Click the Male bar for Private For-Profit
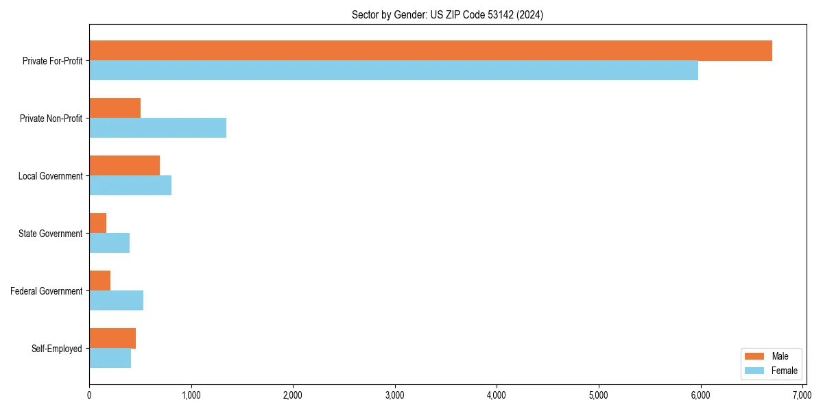(431, 51)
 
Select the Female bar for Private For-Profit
(394, 71)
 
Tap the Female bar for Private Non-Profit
(158, 128)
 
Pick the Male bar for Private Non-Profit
(115, 108)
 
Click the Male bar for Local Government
(124, 166)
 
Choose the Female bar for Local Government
(130, 186)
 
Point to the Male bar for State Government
(98, 223)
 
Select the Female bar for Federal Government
(116, 301)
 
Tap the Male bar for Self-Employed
(112, 338)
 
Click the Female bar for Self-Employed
(110, 358)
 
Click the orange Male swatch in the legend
(754, 356)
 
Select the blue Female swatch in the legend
(754, 371)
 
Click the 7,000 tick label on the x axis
(802, 395)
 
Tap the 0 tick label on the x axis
(89, 395)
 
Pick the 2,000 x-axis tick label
(293, 395)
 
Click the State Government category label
(51, 234)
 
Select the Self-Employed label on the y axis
(57, 349)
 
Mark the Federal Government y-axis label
(47, 291)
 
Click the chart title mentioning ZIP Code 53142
(447, 15)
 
